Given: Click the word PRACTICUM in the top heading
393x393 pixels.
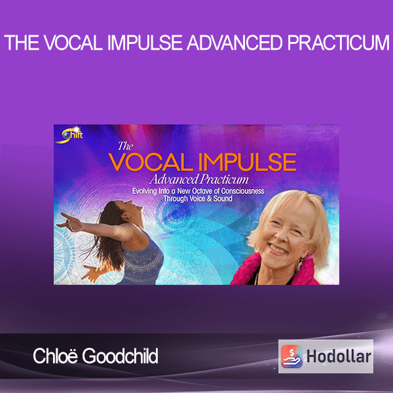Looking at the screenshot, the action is point(339,43).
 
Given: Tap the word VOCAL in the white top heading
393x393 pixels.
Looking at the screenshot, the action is point(73,43).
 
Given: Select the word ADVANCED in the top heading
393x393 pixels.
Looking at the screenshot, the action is point(235,43).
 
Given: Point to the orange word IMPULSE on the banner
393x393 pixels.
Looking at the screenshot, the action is point(249,162).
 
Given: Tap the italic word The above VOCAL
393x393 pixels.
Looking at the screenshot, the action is point(126,146).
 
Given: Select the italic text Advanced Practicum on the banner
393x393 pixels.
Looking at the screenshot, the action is point(199,179).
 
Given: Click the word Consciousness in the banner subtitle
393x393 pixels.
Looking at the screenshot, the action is point(242,191).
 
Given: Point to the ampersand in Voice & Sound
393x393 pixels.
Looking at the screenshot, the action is point(210,198).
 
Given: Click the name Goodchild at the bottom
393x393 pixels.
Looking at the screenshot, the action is point(120,356).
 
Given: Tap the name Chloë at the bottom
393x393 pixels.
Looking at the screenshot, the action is point(56,356).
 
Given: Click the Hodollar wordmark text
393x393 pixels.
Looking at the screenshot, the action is point(339,356).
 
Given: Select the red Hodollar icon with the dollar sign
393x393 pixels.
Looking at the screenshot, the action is point(291,356).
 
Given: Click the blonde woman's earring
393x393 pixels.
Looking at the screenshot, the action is point(300,264).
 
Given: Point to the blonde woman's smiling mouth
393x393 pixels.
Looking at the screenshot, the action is point(278,248).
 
